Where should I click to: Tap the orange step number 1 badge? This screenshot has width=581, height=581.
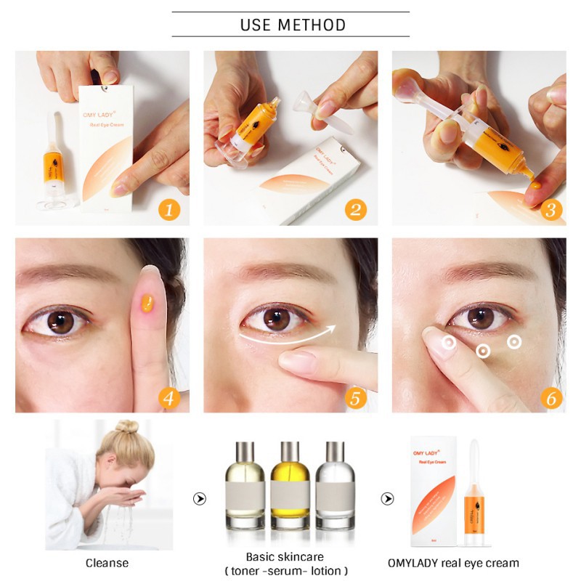coord(168,210)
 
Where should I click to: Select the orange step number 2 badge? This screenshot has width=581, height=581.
coord(356,210)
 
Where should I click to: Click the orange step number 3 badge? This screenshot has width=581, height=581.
coord(550,210)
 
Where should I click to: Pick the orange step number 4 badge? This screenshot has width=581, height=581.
coord(168,398)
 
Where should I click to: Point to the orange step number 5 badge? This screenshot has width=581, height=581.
coord(356,398)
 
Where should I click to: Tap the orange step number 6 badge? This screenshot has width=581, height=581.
coord(550,398)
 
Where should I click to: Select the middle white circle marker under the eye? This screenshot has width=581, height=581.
coord(483,352)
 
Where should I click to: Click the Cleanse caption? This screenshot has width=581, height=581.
coord(107,563)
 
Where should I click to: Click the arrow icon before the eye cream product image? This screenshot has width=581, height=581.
coord(388,499)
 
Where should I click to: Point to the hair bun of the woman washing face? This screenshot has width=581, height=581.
coord(127,426)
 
